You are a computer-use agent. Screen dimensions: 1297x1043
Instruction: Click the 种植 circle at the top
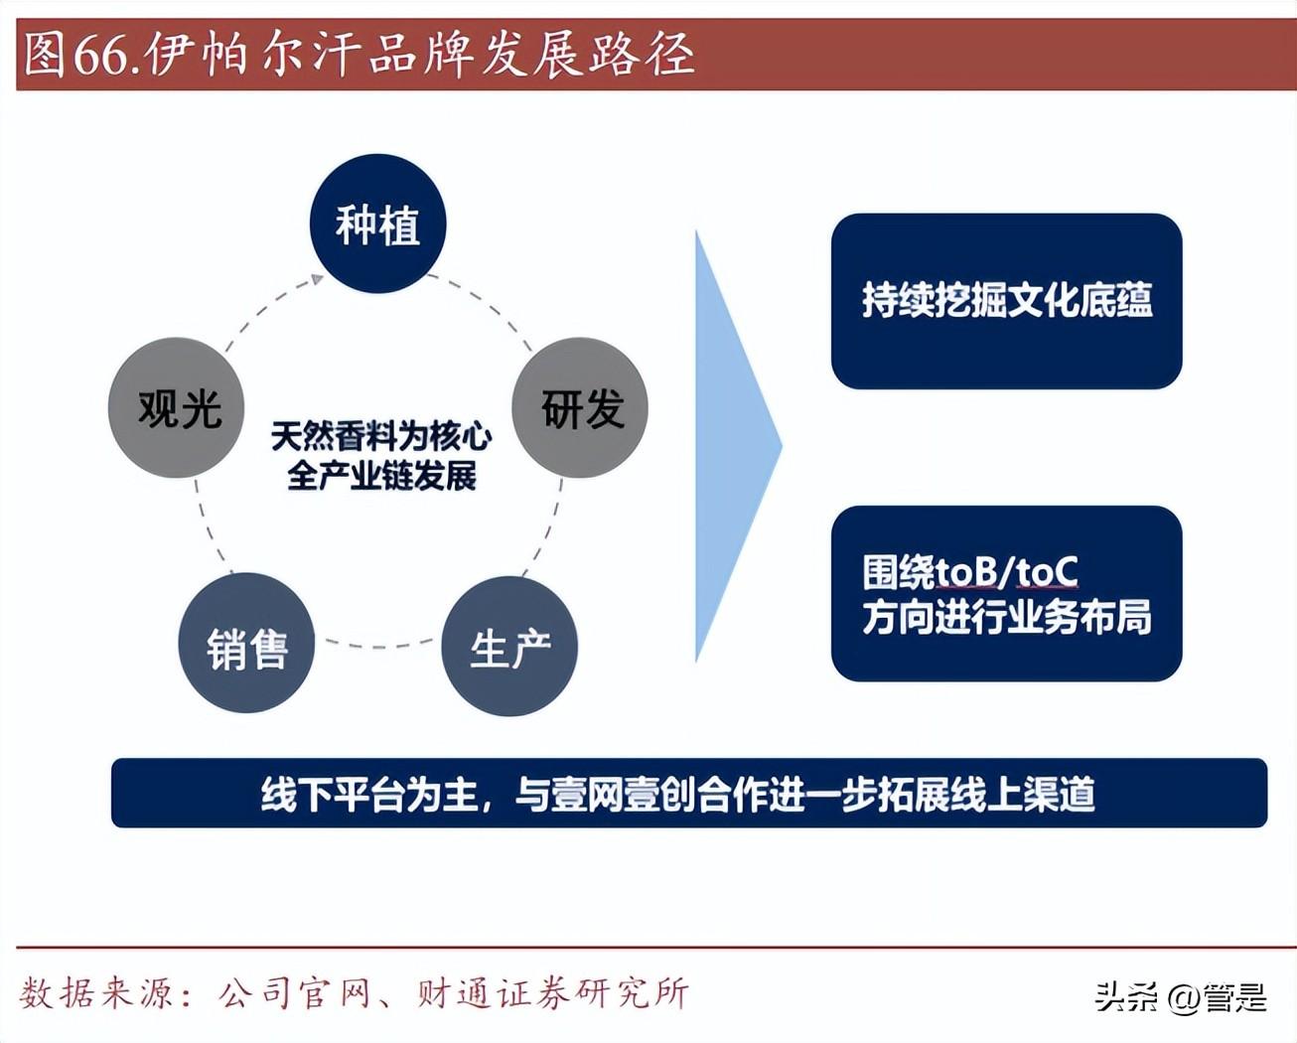pyautogui.click(x=378, y=223)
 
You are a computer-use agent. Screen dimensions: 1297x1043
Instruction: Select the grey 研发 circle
pyautogui.click(x=580, y=408)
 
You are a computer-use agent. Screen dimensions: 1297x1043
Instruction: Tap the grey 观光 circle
pyautogui.click(x=177, y=408)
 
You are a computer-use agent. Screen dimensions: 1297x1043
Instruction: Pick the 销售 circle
pyautogui.click(x=247, y=643)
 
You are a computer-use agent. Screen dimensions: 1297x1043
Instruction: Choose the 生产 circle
pyautogui.click(x=509, y=646)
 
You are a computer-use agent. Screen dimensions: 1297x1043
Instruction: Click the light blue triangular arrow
pyautogui.click(x=738, y=447)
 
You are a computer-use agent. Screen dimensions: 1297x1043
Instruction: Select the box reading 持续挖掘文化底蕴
pyautogui.click(x=1006, y=301)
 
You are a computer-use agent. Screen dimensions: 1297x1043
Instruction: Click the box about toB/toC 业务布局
pyautogui.click(x=1006, y=593)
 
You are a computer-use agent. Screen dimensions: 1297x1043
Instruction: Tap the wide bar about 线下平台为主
pyautogui.click(x=689, y=793)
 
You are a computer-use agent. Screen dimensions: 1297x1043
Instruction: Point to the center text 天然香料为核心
pyautogui.click(x=381, y=436)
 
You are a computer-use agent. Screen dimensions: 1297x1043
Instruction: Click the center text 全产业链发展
pyautogui.click(x=381, y=476)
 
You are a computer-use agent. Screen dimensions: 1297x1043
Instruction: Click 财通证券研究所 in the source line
pyautogui.click(x=553, y=993)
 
